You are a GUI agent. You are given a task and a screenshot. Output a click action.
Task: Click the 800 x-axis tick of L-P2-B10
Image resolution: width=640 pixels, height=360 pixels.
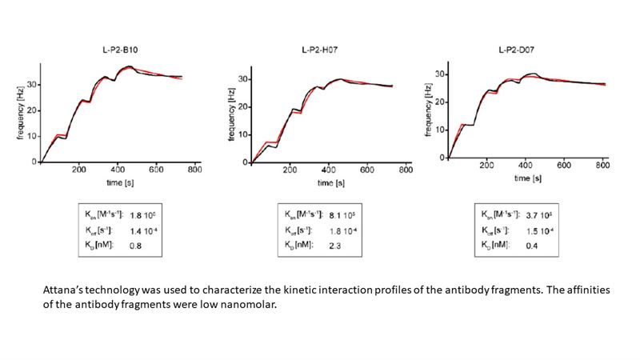click(194, 170)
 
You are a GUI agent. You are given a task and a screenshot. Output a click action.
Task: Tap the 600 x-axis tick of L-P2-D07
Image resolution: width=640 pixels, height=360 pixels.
click(564, 166)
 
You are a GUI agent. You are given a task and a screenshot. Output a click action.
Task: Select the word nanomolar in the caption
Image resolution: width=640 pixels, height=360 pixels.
click(245, 306)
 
